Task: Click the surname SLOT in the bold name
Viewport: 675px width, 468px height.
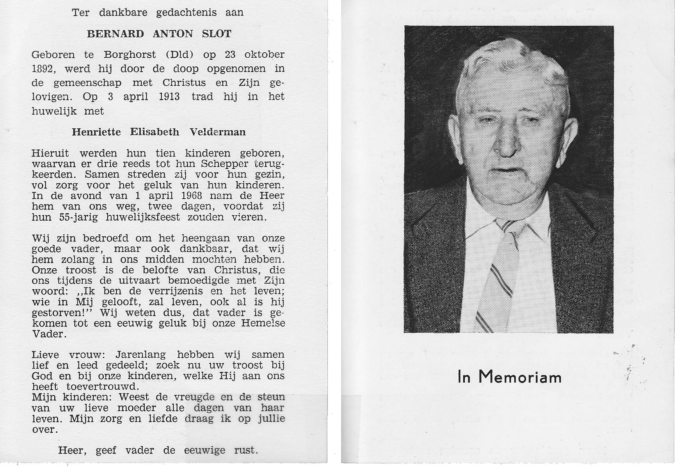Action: pos(217,34)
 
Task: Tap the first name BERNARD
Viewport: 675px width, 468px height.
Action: pos(115,34)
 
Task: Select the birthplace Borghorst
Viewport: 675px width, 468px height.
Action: pos(130,55)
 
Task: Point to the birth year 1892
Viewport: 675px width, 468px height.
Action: pos(42,69)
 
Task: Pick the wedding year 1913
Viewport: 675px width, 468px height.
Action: pos(169,97)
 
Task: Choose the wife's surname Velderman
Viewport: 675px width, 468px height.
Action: pos(218,132)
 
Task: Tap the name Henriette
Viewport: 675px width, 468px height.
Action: pos(96,132)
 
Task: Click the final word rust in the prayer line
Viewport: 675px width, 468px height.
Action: pos(246,450)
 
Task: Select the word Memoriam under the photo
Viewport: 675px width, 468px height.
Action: pos(520,377)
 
